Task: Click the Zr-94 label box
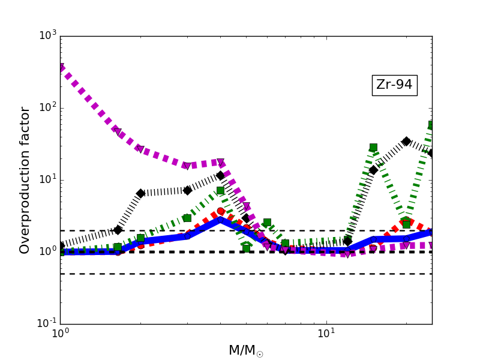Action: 394,85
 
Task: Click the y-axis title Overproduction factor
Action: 25,180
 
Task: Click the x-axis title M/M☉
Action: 245,350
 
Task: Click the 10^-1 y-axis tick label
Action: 46,323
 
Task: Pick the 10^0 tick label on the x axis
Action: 60,335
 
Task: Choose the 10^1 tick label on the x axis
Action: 326,335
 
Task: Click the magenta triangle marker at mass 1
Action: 61,68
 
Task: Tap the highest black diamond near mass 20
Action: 406,141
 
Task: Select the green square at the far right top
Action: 431,125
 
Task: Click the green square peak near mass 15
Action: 373,147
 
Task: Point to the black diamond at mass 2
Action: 140,193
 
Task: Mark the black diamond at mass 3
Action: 187,190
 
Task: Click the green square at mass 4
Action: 220,190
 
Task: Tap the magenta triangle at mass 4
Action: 221,163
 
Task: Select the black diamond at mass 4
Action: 220,175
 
